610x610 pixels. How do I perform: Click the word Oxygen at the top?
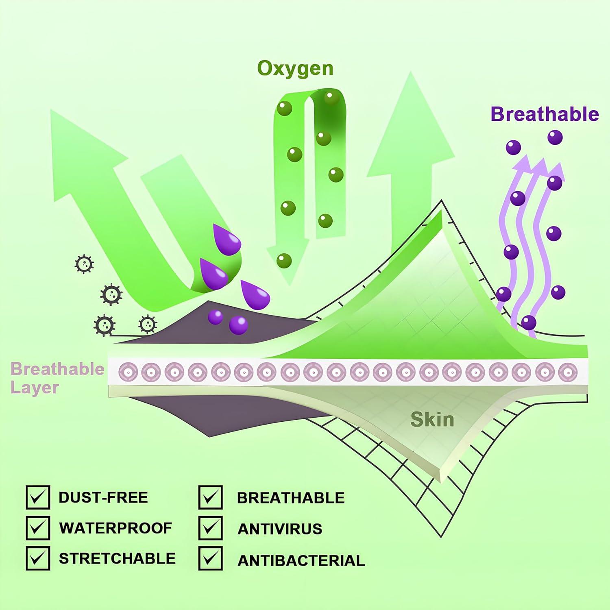tap(295, 68)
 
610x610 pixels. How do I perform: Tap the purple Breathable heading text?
tap(545, 114)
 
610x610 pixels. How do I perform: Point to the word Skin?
tap(432, 419)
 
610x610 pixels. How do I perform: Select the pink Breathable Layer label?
tap(57, 378)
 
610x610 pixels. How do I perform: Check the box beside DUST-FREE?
tap(38, 497)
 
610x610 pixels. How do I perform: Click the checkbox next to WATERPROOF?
tap(38, 528)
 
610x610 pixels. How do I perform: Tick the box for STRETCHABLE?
tap(38, 558)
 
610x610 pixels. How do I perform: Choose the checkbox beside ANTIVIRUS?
tap(211, 528)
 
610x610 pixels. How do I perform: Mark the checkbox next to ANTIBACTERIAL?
tap(211, 558)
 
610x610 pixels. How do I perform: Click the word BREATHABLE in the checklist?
tap(290, 498)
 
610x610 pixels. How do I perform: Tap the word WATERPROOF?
tap(115, 528)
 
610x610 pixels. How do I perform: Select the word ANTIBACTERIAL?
tap(301, 560)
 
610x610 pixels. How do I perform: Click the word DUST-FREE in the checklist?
tap(103, 497)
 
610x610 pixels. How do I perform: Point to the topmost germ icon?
tap(84, 264)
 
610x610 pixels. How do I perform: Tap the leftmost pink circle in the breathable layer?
tap(127, 372)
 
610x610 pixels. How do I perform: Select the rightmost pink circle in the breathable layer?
tap(568, 372)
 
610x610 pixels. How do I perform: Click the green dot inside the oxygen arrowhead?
tap(284, 260)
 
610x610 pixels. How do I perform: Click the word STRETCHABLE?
tap(117, 558)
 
